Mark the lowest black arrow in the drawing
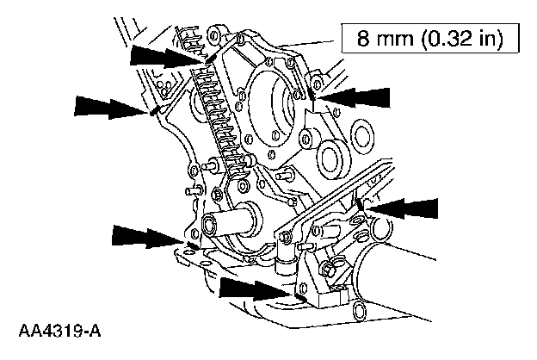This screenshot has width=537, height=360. tap(255, 288)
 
